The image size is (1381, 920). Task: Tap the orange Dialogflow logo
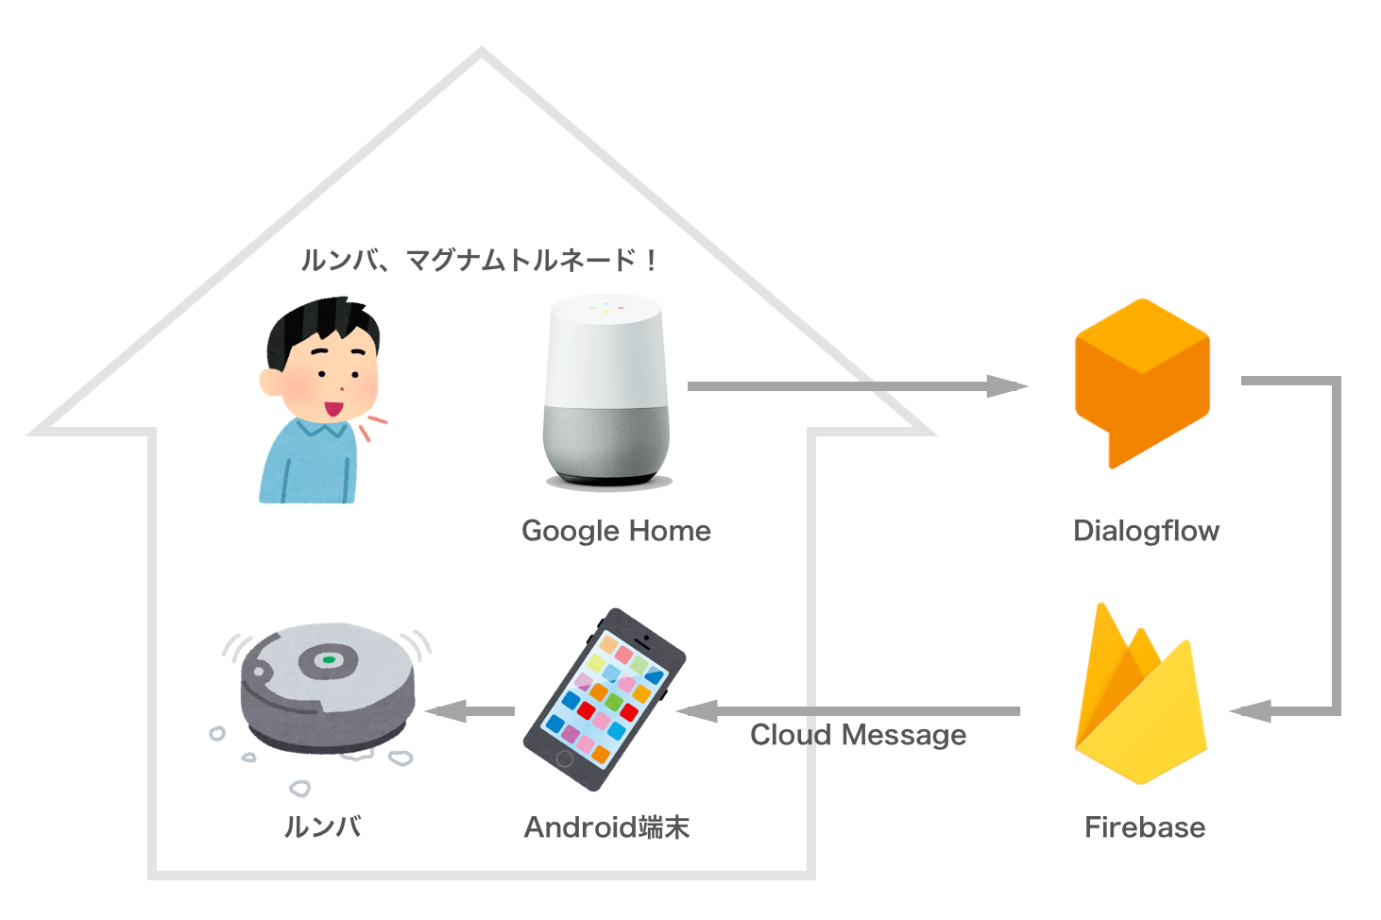[x=1141, y=378]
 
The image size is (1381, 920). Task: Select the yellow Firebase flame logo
[x=1140, y=704]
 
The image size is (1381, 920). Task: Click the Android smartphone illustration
[x=605, y=699]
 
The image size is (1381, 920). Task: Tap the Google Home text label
[x=616, y=531]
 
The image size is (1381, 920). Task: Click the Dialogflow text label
[x=1146, y=531]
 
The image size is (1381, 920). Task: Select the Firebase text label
[x=1145, y=827]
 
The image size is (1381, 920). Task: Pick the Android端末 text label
[x=607, y=827]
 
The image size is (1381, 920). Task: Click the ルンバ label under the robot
[x=323, y=827]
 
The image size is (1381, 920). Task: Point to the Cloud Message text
[x=858, y=735]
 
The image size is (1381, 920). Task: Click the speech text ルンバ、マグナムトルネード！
[x=478, y=260]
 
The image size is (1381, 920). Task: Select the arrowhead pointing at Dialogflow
[x=1009, y=385]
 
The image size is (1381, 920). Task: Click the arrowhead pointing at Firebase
[x=1251, y=711]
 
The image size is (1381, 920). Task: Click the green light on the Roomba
[x=328, y=659]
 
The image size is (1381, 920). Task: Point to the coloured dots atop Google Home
[x=606, y=307]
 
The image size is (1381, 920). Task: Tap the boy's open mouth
[x=334, y=410]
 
